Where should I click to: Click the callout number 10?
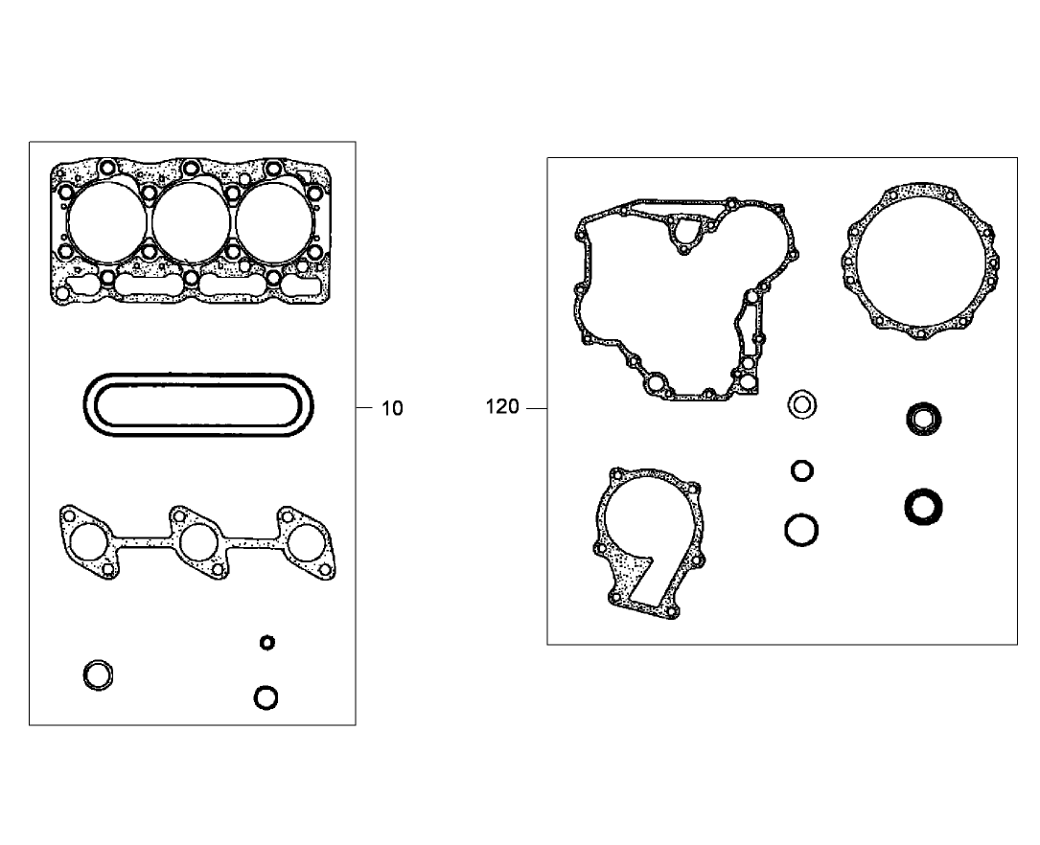point(393,408)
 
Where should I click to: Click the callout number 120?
point(502,407)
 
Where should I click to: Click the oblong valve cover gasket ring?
point(197,406)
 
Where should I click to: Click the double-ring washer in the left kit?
point(98,674)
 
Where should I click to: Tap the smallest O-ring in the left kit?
point(267,642)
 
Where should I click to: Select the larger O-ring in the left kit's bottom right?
point(266,697)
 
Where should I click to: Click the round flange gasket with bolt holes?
point(920,261)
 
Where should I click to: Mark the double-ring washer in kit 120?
point(802,405)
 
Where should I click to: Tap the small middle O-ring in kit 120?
point(802,470)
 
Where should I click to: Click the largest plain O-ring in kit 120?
point(801,529)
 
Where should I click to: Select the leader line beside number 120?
point(536,408)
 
